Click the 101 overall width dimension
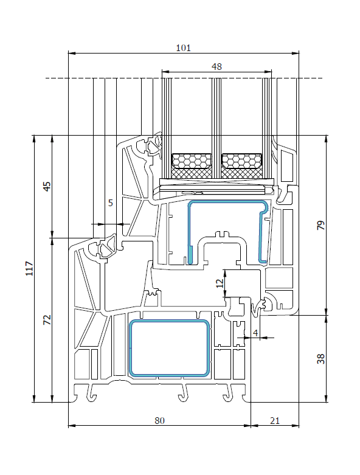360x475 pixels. coord(183,48)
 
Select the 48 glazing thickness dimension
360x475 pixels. coord(216,67)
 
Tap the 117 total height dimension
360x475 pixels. coord(29,268)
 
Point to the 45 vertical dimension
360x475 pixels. coord(47,186)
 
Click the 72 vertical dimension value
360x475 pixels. coord(47,320)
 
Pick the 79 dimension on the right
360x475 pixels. coord(320,225)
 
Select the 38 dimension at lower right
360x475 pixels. coord(320,359)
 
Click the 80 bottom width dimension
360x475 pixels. coord(159,420)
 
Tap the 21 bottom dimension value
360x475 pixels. coord(275,420)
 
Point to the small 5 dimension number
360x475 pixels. coord(111,203)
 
